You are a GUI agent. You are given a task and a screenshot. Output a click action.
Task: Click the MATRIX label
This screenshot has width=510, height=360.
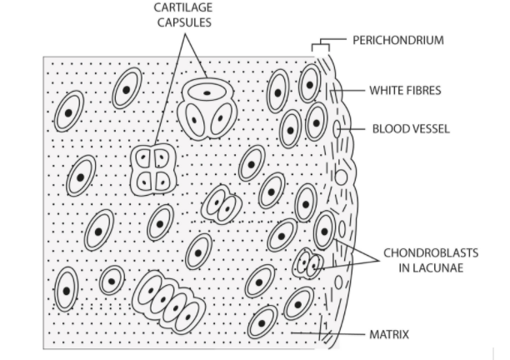(x=390, y=335)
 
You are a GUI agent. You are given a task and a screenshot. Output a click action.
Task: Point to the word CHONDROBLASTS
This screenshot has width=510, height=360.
(x=422, y=252)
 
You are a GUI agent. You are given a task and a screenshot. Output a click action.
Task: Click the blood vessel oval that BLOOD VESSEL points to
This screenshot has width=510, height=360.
(x=337, y=129)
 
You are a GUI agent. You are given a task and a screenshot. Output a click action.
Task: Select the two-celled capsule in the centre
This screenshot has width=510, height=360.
(x=221, y=203)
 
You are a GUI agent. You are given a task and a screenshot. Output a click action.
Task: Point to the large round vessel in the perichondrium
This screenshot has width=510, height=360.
(x=340, y=177)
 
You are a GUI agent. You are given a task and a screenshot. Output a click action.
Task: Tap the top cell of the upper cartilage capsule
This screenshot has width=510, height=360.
(x=207, y=92)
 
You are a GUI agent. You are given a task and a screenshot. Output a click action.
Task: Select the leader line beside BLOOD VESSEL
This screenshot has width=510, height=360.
(x=353, y=129)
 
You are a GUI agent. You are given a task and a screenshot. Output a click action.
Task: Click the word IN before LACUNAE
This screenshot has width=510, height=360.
(x=397, y=267)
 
